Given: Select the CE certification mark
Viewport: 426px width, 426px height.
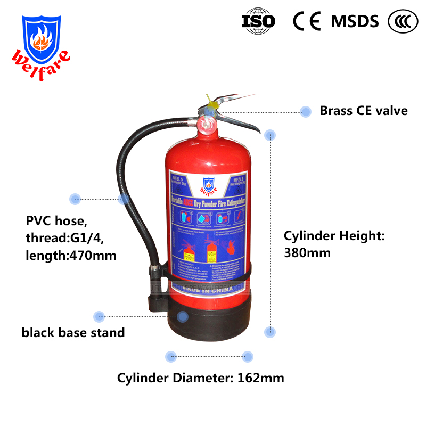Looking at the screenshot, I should (307, 20).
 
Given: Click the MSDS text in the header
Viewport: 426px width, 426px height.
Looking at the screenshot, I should (355, 21).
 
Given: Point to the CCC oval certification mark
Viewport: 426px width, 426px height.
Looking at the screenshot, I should (403, 20).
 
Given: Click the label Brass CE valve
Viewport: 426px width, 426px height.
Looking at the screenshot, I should (363, 111).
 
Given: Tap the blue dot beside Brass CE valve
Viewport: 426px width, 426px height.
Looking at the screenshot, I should (306, 111).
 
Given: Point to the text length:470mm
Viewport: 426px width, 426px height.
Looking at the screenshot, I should (71, 255).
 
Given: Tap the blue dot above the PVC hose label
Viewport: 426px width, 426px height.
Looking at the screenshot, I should (75, 199).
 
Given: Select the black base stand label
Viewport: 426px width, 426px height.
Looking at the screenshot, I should (73, 333).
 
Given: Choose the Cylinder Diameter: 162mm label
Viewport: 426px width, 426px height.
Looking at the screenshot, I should (201, 378).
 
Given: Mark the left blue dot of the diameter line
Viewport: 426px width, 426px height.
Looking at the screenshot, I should (170, 357).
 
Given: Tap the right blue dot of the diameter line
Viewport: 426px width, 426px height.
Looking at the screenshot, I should (247, 357).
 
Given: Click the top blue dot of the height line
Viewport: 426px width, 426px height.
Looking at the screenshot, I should (271, 135).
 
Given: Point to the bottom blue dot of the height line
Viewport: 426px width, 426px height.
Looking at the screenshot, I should (271, 332).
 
